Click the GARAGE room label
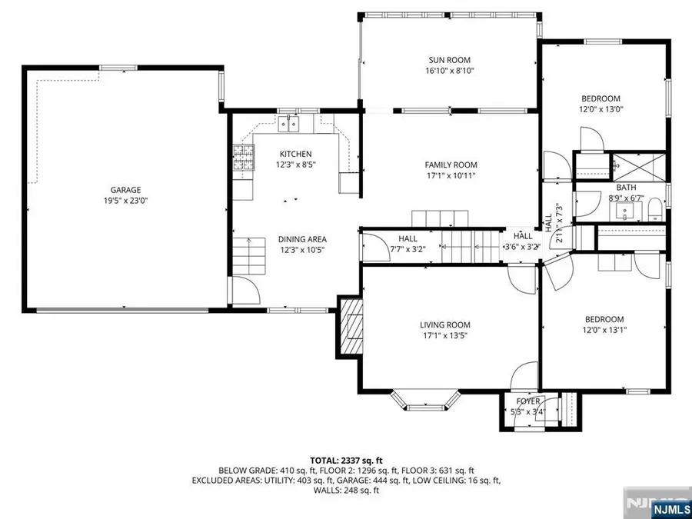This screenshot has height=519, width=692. pyautogui.click(x=125, y=190)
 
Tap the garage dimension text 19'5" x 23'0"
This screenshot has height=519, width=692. pyautogui.click(x=125, y=201)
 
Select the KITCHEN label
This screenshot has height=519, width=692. pyautogui.click(x=295, y=154)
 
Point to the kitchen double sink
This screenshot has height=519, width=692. pyautogui.click(x=292, y=122)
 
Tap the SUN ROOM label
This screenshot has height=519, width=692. pyautogui.click(x=449, y=60)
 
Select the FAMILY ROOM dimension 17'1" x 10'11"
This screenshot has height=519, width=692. pyautogui.click(x=451, y=175)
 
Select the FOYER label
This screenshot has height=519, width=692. pyautogui.click(x=527, y=401)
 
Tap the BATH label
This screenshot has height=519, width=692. pyautogui.click(x=626, y=188)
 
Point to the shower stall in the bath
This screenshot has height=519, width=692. pyautogui.click(x=637, y=165)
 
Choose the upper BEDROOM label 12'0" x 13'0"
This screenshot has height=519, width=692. pyautogui.click(x=601, y=98)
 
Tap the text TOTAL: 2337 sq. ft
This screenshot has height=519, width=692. pyautogui.click(x=346, y=459)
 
